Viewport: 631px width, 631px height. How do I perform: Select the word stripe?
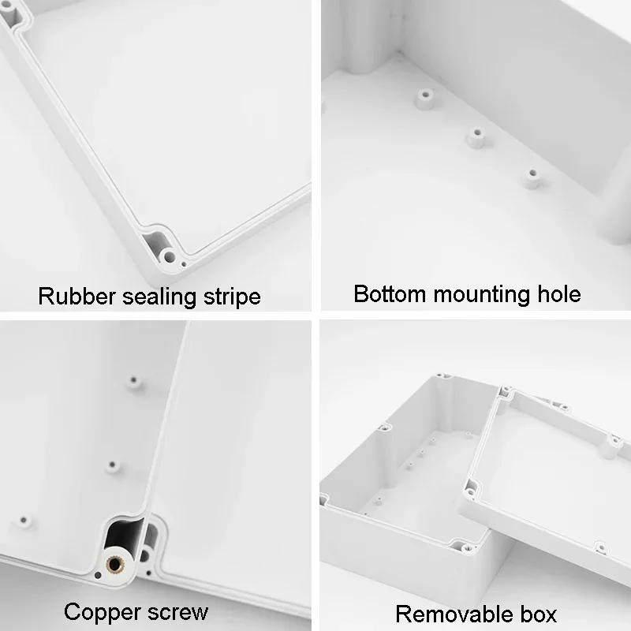(x=229, y=297)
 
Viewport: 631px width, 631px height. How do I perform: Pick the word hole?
(x=557, y=293)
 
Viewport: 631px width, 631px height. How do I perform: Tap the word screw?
(x=178, y=612)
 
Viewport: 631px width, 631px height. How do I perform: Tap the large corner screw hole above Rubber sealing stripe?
(x=168, y=256)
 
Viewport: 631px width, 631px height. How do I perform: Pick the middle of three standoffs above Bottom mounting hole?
(x=475, y=137)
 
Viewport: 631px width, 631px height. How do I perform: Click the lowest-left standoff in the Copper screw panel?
(x=24, y=522)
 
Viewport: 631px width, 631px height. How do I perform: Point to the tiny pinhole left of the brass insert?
(x=97, y=575)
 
